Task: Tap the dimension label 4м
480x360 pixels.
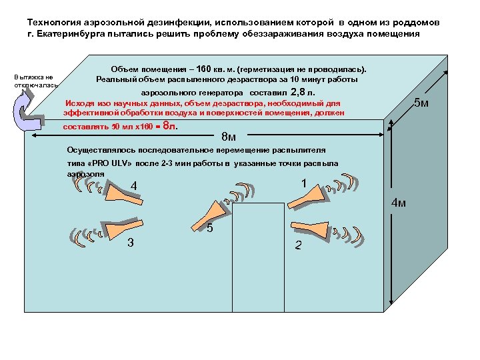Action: click(398, 203)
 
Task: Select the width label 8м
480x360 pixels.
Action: click(228, 137)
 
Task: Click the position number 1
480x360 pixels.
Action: click(303, 183)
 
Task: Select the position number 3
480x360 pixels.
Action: click(131, 241)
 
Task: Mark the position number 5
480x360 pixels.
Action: click(209, 229)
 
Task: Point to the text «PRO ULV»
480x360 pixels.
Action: click(108, 163)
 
